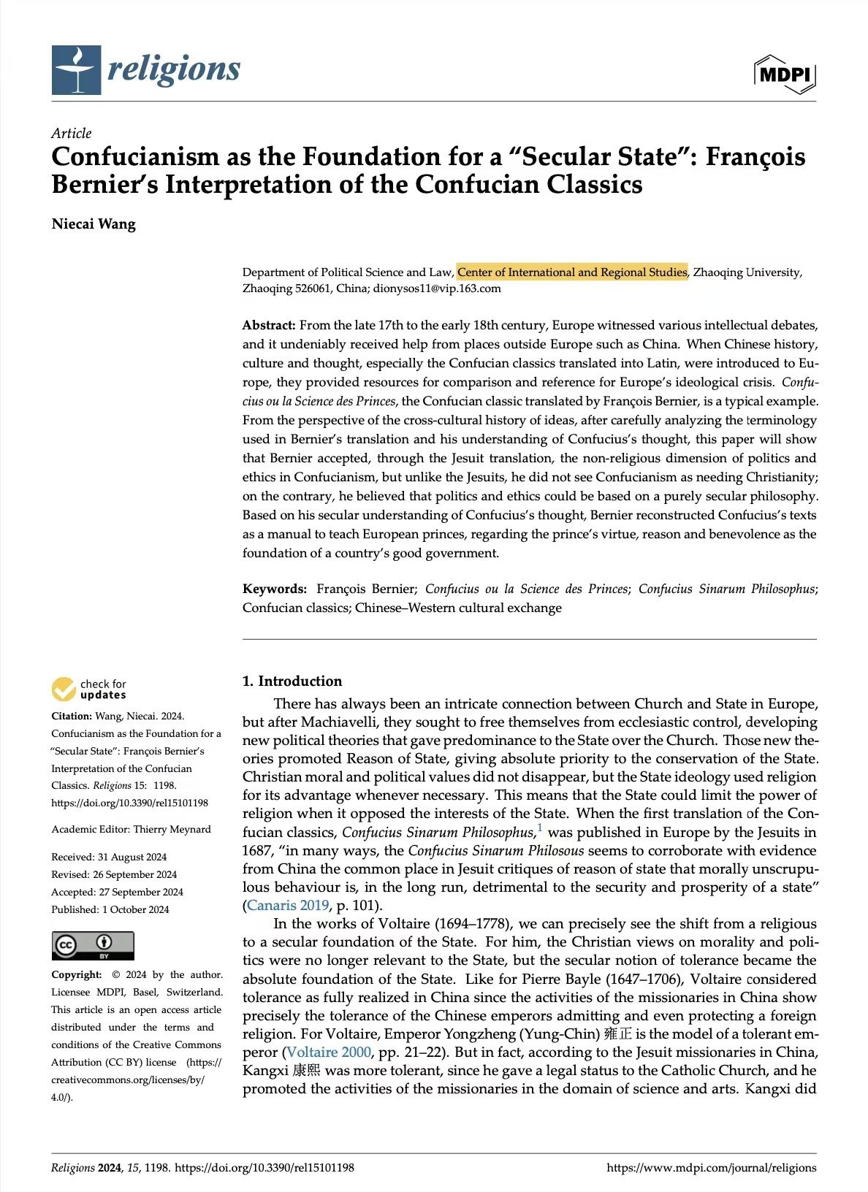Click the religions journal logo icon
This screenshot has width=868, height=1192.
tap(76, 70)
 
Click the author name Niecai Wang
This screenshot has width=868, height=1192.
tap(94, 223)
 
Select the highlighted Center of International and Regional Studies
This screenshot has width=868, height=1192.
tap(572, 272)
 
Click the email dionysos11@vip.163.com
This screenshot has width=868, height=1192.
tap(437, 289)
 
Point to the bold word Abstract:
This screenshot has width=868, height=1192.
tap(269, 326)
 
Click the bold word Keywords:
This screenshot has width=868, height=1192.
tap(275, 589)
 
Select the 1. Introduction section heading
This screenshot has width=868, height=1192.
tap(292, 681)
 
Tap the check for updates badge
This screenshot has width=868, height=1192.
tap(89, 689)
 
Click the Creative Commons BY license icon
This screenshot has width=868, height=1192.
tap(93, 946)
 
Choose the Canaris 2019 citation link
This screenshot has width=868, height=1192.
tap(288, 906)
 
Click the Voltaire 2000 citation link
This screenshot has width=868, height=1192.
tap(329, 1052)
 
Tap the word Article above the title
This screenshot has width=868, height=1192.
tap(72, 134)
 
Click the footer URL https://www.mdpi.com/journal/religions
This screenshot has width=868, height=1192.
tap(711, 1168)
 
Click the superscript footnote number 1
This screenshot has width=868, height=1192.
tap(540, 828)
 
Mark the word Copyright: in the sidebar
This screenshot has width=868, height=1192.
tap(77, 975)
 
